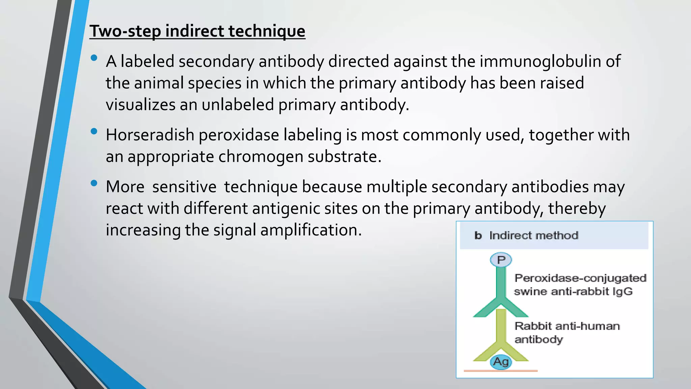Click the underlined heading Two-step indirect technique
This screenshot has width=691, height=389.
point(197,31)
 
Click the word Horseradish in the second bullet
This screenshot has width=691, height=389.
point(150,135)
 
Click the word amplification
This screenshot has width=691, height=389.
point(311,230)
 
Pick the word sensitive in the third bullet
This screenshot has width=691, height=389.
point(184,187)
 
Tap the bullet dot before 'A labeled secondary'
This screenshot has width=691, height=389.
point(94,58)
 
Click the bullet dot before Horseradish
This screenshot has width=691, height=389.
point(94,131)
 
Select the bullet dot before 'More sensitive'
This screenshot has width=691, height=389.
point(94,183)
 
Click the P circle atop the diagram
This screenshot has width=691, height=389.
point(501,260)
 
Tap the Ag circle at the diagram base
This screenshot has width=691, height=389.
point(501,362)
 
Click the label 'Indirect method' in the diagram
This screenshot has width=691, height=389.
point(534,235)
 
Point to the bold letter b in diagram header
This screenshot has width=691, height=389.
point(478,235)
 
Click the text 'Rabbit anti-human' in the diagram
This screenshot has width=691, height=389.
point(567,326)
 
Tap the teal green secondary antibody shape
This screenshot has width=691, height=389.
point(501,287)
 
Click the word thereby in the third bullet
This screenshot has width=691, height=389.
point(577,209)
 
